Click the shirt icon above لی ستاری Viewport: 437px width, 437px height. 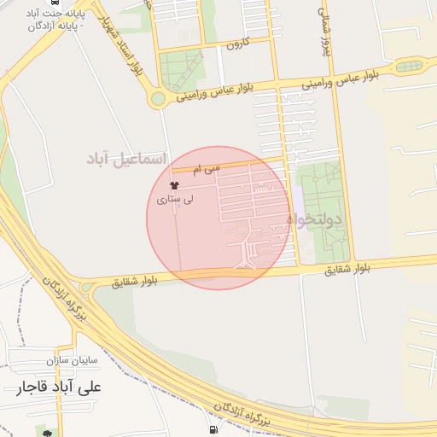[175, 185]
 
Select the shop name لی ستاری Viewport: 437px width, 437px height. [175, 199]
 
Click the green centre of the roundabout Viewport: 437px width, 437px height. [157, 99]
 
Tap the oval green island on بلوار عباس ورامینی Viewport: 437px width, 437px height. [409, 66]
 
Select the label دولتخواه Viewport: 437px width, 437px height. [314, 220]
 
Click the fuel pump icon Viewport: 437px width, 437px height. [213, 429]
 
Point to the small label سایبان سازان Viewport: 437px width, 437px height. [75, 360]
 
